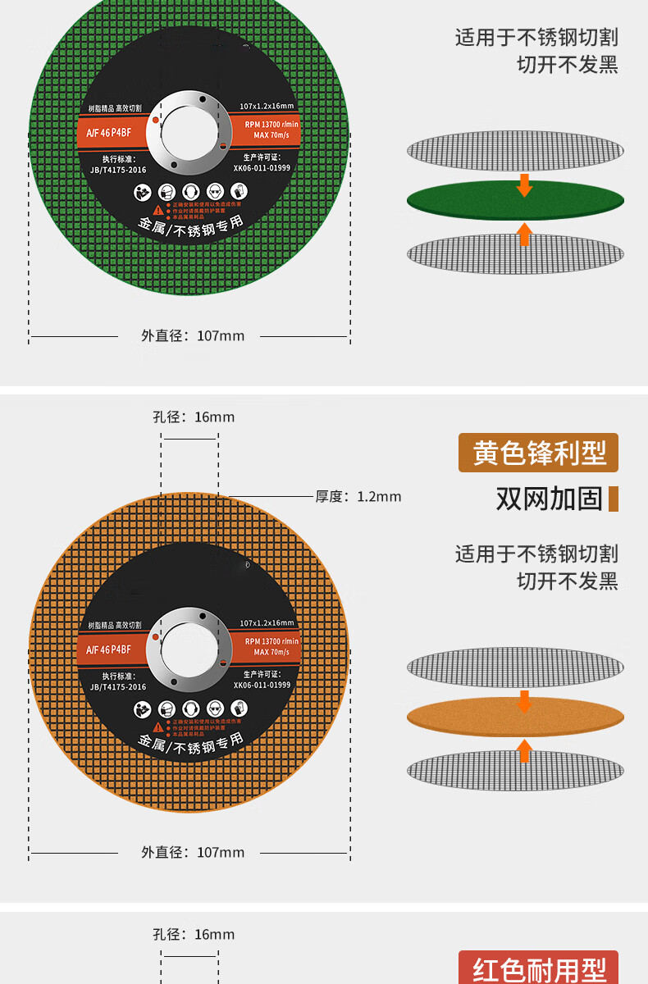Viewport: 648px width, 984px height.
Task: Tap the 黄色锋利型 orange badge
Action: click(538, 453)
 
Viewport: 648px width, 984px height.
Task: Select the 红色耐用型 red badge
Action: click(538, 968)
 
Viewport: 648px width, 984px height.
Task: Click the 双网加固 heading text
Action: click(549, 498)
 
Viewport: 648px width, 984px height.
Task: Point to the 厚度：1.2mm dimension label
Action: click(358, 496)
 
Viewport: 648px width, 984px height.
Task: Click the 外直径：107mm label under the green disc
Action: click(193, 335)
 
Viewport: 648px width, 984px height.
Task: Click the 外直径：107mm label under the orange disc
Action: click(193, 852)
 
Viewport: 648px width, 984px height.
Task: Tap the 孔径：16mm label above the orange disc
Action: click(194, 417)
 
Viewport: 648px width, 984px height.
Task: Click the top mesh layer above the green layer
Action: click(515, 151)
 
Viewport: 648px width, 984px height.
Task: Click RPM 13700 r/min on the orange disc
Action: click(272, 640)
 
